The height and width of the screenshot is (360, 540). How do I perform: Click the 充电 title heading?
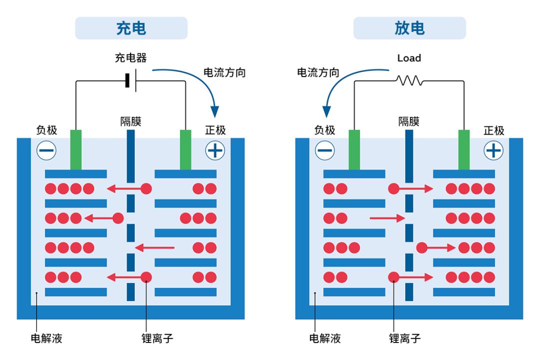pos(131,28)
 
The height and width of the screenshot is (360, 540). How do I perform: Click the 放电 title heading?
pos(409,28)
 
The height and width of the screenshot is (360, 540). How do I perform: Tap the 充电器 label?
pos(131,58)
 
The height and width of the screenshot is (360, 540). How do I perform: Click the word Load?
pos(409,58)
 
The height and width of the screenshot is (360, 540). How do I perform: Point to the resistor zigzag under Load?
pos(409,80)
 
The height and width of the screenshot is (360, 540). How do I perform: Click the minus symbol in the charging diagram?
pos(46,150)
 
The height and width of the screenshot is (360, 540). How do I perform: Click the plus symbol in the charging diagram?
pos(215,150)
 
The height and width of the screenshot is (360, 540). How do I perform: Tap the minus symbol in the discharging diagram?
pos(325,150)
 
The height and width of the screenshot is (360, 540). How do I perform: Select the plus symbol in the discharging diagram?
pos(493,150)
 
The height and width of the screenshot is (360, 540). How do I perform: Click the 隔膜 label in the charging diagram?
pos(130,121)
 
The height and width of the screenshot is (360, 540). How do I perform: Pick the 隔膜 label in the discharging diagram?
pos(409,121)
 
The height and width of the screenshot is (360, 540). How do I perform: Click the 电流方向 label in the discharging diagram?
pos(318,73)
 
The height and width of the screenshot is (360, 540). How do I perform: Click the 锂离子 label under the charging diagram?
pos(157,338)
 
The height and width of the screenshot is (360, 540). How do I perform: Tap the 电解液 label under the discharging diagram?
pos(325,338)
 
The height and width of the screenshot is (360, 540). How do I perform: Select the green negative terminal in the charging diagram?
pos(75,149)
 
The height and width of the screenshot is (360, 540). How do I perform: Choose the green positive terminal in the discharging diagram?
pos(464,149)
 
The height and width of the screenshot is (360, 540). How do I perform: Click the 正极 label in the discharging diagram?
pos(494,131)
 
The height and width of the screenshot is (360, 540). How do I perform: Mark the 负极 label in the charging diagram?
pos(46,130)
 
